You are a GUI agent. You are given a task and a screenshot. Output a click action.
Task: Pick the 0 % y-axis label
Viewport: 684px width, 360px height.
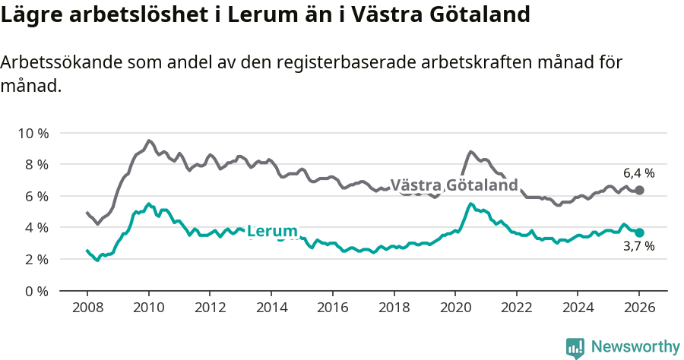click(x=35, y=291)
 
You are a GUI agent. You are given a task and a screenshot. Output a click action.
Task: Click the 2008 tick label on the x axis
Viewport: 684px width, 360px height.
click(x=87, y=308)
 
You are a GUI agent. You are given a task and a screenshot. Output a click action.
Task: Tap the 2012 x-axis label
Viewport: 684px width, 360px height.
click(x=210, y=308)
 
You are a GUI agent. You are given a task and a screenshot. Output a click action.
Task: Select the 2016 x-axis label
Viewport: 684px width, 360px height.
click(x=332, y=308)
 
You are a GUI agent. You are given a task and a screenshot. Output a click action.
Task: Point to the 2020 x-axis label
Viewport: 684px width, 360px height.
click(x=454, y=308)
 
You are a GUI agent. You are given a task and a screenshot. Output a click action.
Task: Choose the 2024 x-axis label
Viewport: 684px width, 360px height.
click(x=578, y=308)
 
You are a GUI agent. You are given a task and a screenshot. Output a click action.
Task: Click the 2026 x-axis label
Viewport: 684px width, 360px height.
click(x=639, y=308)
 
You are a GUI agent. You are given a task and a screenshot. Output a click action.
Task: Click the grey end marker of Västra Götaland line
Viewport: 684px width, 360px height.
click(x=639, y=190)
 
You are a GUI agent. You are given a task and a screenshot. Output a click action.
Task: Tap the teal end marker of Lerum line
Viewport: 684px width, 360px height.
click(x=639, y=232)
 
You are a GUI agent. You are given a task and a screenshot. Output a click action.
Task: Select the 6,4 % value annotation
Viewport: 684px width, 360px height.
click(x=638, y=173)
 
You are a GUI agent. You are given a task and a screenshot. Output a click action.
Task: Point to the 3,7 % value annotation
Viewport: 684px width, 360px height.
click(x=638, y=247)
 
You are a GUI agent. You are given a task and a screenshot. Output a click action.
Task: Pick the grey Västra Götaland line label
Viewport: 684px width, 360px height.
click(x=454, y=185)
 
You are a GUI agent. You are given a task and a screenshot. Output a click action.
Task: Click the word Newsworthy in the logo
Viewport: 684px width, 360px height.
click(x=635, y=347)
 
